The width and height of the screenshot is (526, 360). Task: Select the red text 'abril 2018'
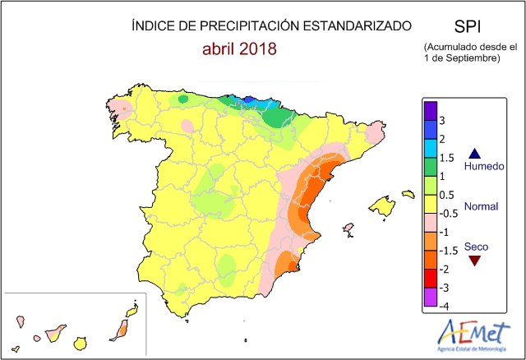pos(239,48)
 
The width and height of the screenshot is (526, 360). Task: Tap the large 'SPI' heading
pos(468,25)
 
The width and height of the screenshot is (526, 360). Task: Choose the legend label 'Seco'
pos(474,246)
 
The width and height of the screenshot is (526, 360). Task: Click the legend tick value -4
pos(445,307)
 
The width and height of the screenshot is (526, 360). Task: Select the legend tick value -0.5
pos(449,214)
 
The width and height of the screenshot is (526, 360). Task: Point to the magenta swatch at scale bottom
pos(429,298)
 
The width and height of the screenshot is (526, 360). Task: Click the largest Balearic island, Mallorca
pos(383,205)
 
